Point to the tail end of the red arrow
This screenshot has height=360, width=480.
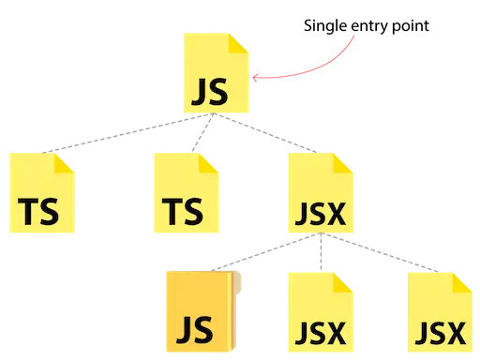[x=356, y=37]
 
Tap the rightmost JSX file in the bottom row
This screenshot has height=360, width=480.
[x=440, y=313]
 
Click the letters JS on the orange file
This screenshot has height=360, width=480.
[x=197, y=330]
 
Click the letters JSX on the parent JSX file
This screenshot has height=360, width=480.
[x=320, y=215]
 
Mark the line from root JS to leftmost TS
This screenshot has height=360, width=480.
[x=112, y=135]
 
